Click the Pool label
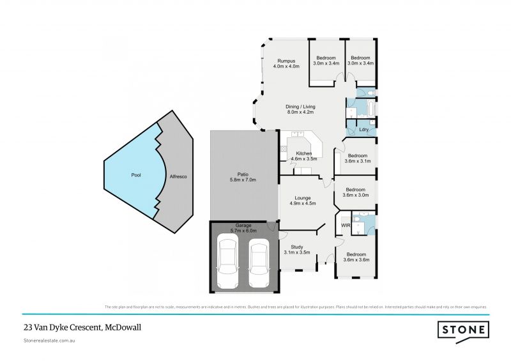coord(136,174)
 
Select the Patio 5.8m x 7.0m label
coord(241,177)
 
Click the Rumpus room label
coord(286,63)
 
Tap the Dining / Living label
coord(301,110)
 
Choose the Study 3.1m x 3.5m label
coord(296,249)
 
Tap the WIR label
coord(346,226)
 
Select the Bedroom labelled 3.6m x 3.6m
coord(356,257)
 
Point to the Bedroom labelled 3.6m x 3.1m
coord(356,158)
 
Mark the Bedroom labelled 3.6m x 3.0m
coord(356,192)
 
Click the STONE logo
coord(463,330)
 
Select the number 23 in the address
coord(27,327)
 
